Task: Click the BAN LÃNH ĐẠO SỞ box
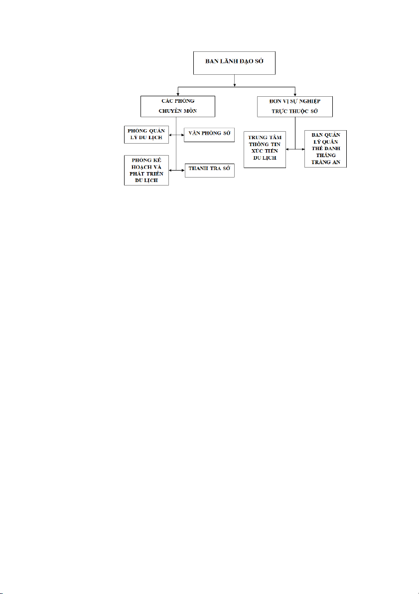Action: coord(234,63)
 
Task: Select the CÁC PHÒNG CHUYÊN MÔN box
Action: coord(178,106)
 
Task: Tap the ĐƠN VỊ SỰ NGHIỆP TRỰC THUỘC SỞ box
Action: coord(295,106)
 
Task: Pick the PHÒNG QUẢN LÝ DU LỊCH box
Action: coord(146,135)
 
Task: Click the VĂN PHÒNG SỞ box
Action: coord(209,135)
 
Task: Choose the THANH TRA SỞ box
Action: coord(210,170)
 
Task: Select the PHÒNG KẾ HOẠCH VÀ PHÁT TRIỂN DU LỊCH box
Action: coord(146,170)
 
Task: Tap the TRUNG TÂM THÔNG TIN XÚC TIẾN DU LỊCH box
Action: coord(265,149)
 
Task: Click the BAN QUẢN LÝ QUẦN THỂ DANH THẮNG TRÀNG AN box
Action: coord(325,149)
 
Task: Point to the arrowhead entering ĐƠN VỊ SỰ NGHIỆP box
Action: coord(295,94)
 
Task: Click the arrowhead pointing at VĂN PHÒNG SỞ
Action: coord(182,135)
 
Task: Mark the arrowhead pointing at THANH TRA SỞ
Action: coord(183,171)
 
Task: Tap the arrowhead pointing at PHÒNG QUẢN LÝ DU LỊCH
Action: coord(171,135)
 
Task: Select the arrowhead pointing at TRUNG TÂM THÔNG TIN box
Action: coord(287,149)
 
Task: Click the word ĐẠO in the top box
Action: coord(246,61)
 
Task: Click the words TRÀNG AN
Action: coord(325,162)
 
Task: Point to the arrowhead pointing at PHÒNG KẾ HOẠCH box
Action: coord(171,171)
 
